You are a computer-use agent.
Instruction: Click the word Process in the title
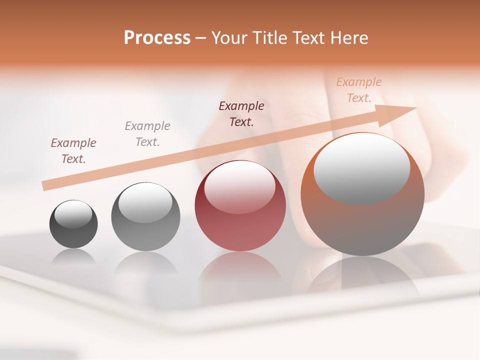coord(157,38)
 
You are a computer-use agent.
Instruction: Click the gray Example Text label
coord(147,134)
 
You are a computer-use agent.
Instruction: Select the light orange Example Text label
coord(358,90)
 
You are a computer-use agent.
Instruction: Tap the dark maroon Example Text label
coord(241,113)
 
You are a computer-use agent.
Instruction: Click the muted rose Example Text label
coord(73,150)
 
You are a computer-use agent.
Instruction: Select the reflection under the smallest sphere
coord(73,257)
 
